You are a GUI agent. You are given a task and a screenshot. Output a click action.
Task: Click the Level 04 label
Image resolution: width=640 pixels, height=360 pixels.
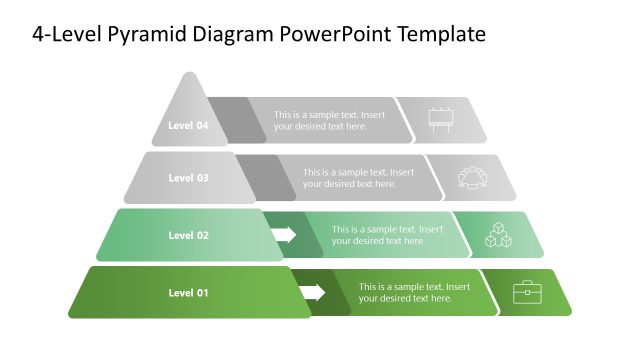click(188, 126)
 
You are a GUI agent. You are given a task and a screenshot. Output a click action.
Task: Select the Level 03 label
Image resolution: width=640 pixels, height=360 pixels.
click(188, 178)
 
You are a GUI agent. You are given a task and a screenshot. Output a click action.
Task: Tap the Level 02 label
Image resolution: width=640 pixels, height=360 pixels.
click(188, 235)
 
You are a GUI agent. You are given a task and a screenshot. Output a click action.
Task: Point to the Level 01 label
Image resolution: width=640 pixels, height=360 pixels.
click(188, 292)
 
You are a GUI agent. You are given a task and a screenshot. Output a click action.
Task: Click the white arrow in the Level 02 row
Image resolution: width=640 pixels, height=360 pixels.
click(285, 235)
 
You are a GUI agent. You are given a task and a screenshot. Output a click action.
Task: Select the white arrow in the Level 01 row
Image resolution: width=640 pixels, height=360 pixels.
click(313, 292)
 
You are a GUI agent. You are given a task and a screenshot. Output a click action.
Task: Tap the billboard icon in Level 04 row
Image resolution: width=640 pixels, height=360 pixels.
click(441, 119)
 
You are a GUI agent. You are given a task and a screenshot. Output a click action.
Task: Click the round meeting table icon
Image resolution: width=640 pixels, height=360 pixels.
click(471, 177)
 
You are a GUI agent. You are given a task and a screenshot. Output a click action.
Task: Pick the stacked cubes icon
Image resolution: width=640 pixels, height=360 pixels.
click(499, 235)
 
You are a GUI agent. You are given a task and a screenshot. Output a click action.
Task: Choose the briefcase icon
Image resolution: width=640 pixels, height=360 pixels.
click(527, 292)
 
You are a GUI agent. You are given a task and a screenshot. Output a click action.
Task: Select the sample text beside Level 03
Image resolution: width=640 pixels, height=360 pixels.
click(357, 178)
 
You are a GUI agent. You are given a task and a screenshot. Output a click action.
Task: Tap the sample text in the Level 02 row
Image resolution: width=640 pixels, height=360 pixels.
click(386, 235)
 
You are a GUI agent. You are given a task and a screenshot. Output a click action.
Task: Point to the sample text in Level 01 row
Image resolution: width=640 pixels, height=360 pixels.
click(414, 292)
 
